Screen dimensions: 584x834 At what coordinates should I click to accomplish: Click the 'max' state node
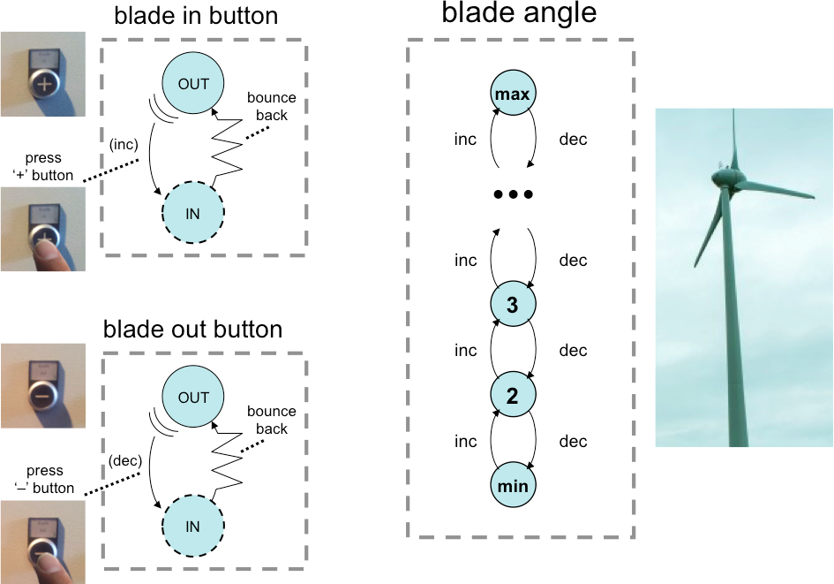pos(513,94)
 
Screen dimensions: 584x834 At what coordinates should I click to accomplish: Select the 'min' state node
pos(513,486)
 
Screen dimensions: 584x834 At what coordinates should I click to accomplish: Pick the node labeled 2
pos(513,396)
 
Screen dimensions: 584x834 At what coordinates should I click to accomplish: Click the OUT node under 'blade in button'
pos(193,84)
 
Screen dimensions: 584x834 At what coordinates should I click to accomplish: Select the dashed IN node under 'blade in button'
pos(193,212)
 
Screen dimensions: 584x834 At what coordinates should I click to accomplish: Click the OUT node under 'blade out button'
pos(193,398)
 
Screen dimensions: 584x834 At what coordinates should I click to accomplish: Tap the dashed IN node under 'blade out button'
pos(193,527)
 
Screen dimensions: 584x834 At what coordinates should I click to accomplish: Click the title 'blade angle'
pos(519,13)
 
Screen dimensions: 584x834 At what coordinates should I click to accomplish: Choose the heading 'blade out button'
pos(193,330)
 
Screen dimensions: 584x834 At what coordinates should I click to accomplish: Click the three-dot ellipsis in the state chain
pos(513,195)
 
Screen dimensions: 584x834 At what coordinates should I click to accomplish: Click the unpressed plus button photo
pos(43,74)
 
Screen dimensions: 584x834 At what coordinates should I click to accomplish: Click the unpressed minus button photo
pos(43,387)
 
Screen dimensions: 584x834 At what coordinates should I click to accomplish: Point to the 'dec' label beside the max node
pos(573,140)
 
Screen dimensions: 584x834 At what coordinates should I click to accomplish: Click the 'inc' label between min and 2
pos(465,442)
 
